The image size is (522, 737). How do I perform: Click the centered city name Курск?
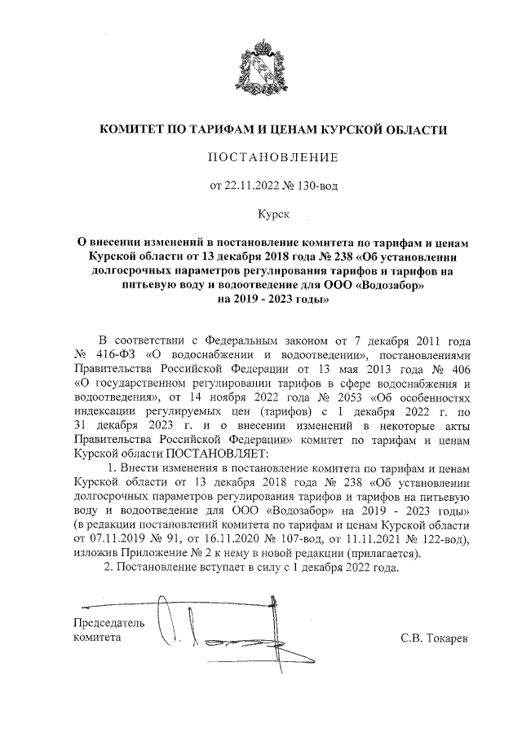262,214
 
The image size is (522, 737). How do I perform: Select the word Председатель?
109,623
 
